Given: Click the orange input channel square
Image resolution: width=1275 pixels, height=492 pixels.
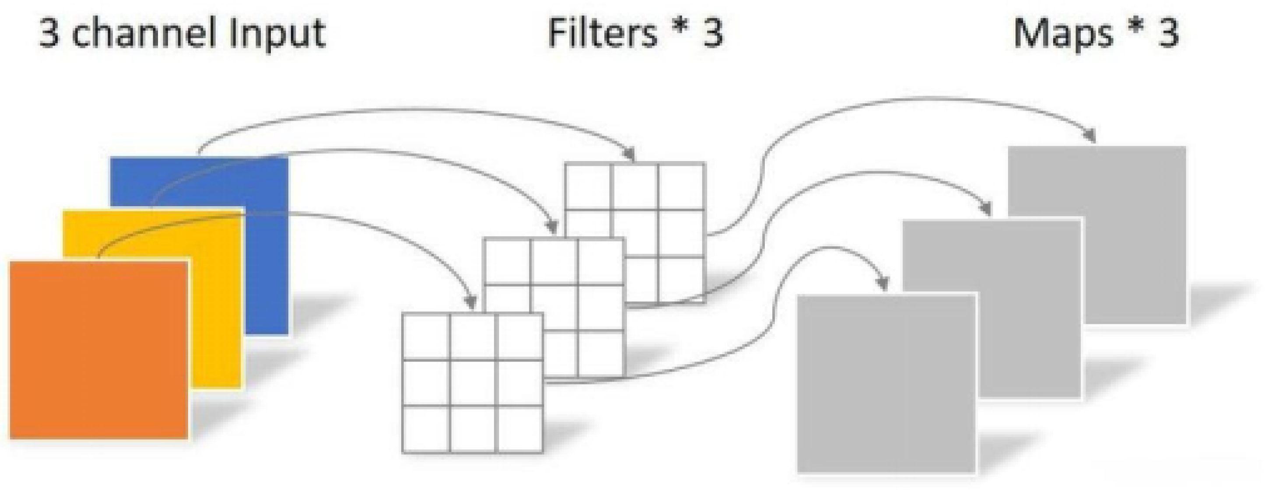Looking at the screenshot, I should pyautogui.click(x=99, y=349).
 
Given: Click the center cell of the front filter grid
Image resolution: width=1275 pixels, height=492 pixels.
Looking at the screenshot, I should pyautogui.click(x=473, y=383).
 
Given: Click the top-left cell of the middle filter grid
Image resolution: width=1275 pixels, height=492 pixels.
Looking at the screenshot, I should pyautogui.click(x=507, y=262).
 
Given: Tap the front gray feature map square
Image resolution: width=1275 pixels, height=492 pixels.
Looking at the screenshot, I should pyautogui.click(x=886, y=383).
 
